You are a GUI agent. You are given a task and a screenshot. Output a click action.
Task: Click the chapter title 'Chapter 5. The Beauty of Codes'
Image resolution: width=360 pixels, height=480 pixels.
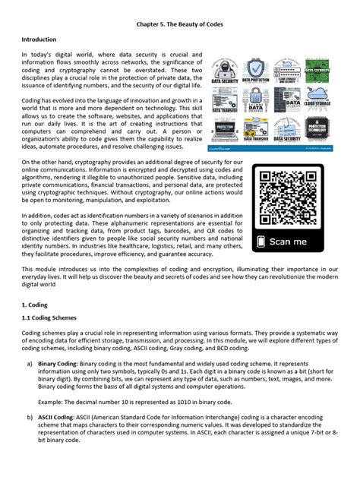(x=179, y=24)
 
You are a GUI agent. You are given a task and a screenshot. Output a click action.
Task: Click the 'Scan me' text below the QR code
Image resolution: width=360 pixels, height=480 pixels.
(x=289, y=242)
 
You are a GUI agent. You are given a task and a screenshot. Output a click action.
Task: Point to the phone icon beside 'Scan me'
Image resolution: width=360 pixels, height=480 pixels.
(x=261, y=242)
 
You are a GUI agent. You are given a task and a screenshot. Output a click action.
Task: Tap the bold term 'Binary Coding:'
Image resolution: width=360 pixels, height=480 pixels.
(x=58, y=363)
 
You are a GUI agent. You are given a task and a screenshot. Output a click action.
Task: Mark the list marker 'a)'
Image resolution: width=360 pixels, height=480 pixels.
(x=30, y=363)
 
